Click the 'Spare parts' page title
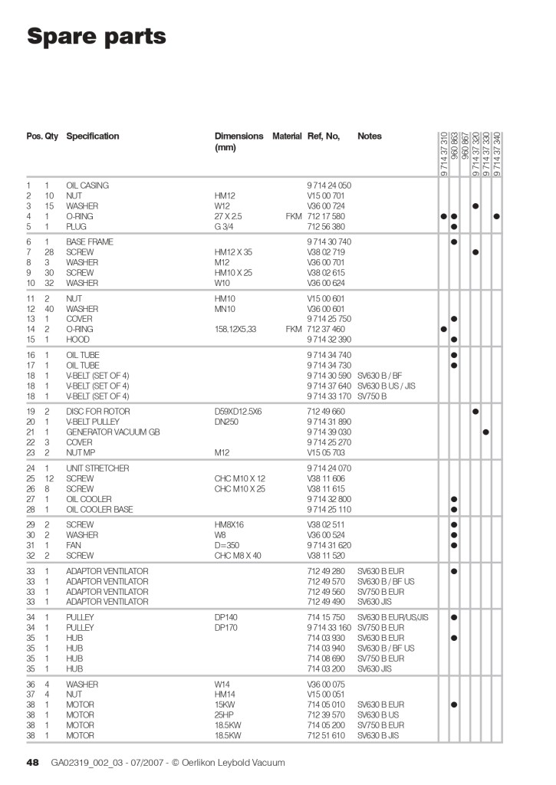(x=96, y=36)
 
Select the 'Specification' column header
(x=93, y=136)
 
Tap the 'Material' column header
(x=287, y=136)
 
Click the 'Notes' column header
(x=369, y=136)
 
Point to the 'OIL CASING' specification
(x=87, y=186)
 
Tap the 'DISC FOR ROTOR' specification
(x=96, y=412)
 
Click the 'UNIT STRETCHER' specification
(x=97, y=468)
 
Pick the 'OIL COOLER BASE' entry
(x=99, y=510)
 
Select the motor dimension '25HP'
(x=224, y=715)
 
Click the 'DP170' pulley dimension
(x=226, y=628)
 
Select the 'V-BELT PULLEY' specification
(x=95, y=422)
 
